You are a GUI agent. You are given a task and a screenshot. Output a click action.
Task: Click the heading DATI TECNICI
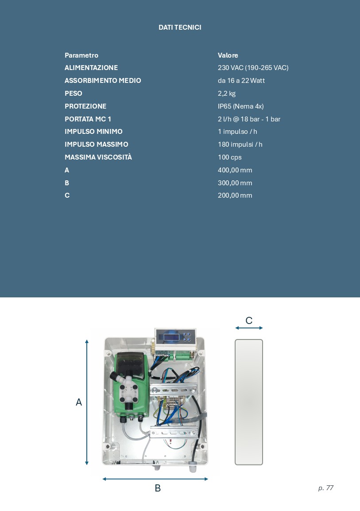coord(180,27)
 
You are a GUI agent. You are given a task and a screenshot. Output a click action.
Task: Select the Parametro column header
coord(81,55)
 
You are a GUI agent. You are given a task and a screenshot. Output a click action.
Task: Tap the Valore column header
coord(228,55)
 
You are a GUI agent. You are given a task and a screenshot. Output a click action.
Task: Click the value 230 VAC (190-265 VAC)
coord(253,68)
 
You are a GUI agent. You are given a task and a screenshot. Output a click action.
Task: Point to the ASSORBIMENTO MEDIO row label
coord(103,81)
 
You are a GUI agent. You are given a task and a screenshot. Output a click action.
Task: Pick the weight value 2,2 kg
coord(227,94)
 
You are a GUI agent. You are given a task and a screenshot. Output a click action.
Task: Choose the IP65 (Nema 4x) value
coord(241,106)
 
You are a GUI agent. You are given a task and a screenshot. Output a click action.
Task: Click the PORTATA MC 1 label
coord(88,119)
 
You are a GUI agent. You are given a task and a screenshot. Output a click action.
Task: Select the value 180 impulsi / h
coord(240,144)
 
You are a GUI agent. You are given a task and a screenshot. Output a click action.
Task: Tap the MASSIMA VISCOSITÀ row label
coord(98,157)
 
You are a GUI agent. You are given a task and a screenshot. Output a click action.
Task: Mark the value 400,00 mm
coord(235,170)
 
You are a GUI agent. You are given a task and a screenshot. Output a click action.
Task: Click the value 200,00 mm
coord(235,195)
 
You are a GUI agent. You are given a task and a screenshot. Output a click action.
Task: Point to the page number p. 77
coord(326,488)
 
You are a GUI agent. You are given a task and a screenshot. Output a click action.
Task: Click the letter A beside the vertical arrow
coord(79,402)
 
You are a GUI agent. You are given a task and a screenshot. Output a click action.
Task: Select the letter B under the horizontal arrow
coord(158,488)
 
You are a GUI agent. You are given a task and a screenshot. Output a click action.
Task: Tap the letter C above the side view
coord(249,320)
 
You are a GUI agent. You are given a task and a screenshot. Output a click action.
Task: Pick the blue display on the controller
coord(171,336)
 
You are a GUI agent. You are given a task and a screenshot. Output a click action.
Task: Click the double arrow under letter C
coord(249,328)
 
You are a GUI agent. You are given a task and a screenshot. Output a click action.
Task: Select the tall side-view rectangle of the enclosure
coord(249,402)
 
